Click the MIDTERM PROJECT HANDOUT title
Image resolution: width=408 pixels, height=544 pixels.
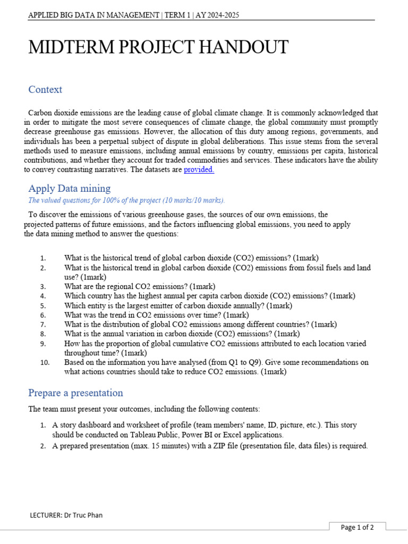click(x=158, y=47)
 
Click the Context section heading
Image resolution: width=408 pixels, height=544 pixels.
click(x=45, y=89)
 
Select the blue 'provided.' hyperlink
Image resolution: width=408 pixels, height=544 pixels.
click(x=199, y=169)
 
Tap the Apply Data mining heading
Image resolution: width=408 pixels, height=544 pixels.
click(x=69, y=188)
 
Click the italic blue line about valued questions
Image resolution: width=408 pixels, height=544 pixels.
click(x=126, y=200)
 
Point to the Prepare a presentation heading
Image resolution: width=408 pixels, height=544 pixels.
click(x=75, y=393)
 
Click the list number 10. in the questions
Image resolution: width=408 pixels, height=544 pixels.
click(x=45, y=362)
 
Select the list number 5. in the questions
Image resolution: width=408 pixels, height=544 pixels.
click(x=43, y=305)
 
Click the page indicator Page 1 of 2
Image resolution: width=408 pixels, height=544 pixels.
click(x=357, y=527)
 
